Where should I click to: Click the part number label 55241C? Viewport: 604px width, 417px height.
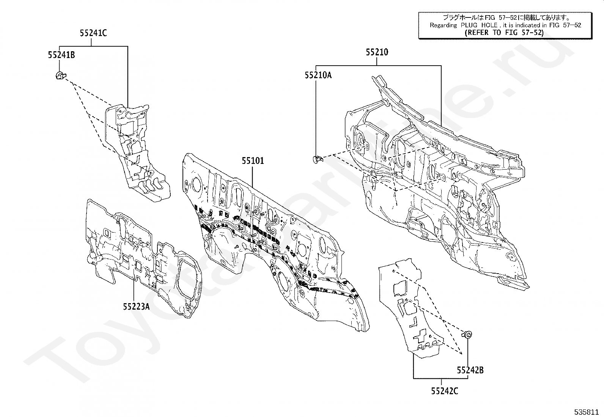point(93,33)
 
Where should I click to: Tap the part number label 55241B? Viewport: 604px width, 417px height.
point(61,55)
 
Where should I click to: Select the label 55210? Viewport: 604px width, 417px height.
point(377,52)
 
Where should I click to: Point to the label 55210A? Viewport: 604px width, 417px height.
point(318,75)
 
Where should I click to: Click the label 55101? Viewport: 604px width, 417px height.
point(253,161)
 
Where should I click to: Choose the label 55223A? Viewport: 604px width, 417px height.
point(136,307)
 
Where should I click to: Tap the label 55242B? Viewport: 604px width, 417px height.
point(470,370)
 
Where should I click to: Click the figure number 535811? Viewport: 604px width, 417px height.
point(586,412)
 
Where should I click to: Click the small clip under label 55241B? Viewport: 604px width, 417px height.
point(61,76)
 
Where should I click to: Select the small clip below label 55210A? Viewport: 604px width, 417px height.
point(317,159)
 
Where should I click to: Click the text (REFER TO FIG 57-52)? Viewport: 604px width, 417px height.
point(504,33)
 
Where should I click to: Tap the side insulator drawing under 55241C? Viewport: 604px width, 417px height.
point(136,153)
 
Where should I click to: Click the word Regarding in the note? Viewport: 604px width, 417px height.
point(443,25)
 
